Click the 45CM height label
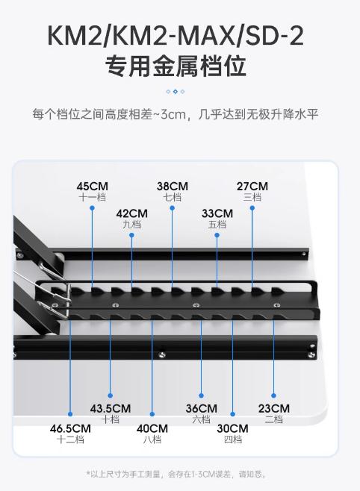click(93, 187)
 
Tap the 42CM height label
click(132, 213)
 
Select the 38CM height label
click(173, 187)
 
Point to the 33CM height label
click(217, 213)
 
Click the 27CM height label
click(252, 187)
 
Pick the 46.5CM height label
click(70, 428)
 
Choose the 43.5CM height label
click(111, 409)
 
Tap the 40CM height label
click(152, 428)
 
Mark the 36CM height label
click(202, 409)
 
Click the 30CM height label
click(233, 428)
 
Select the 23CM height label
click(274, 409)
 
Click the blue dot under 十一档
click(92, 208)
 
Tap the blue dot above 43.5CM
click(111, 395)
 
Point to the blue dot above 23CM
click(273, 395)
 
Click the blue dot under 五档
click(217, 235)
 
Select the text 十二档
click(70, 440)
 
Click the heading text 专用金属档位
click(176, 66)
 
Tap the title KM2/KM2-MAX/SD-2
click(176, 36)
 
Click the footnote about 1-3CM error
click(177, 474)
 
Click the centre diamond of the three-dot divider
click(176, 92)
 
